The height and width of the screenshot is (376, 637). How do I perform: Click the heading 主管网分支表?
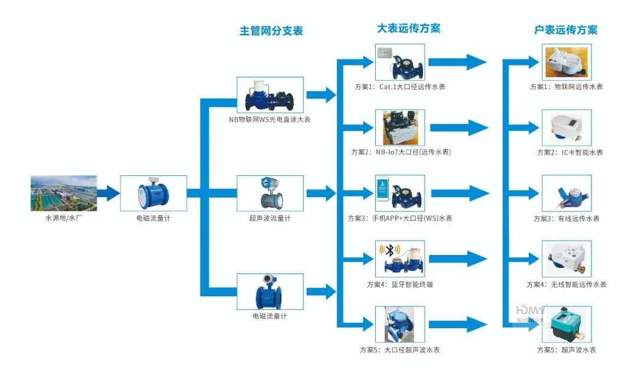[x=271, y=31]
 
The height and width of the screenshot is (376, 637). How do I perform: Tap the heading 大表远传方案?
[x=408, y=28]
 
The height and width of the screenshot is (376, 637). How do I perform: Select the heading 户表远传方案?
[x=566, y=30]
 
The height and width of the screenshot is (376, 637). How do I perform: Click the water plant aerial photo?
[x=64, y=193]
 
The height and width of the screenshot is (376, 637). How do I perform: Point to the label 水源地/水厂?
[x=64, y=218]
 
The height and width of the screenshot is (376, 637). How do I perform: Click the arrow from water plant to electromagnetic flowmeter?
[x=109, y=192]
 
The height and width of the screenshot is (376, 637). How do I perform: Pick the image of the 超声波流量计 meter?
[x=270, y=193]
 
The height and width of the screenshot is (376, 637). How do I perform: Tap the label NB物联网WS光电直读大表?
[x=270, y=119]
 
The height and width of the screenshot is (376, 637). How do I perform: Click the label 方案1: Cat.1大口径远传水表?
[x=400, y=87]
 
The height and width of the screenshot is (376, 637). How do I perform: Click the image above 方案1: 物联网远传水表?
[x=566, y=62]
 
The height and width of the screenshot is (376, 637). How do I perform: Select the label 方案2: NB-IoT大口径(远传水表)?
[x=400, y=152]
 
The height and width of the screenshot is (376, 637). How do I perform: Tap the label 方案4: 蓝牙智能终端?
[x=400, y=285]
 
